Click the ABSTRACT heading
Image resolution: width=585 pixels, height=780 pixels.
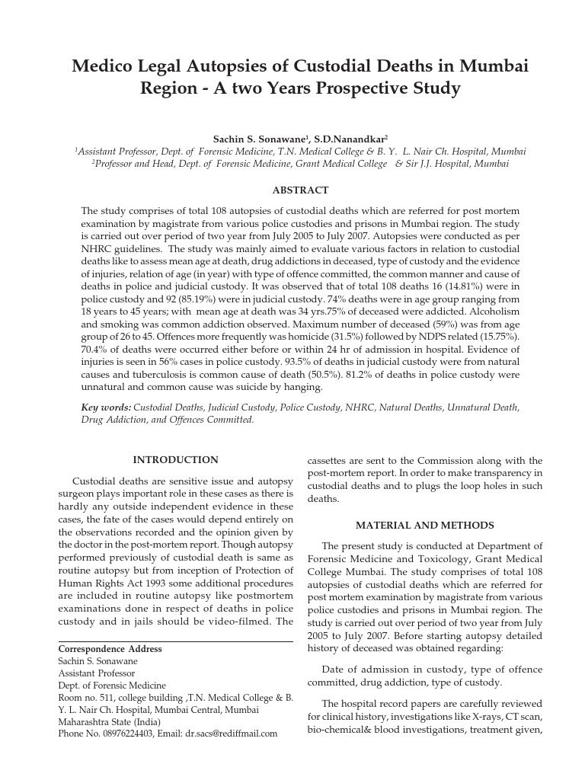pyautogui.click(x=299, y=190)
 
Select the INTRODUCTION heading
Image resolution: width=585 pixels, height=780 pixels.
pyautogui.click(x=175, y=460)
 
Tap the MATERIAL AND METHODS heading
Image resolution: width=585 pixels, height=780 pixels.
pyautogui.click(x=425, y=526)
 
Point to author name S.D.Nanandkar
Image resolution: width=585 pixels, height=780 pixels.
pyautogui.click(x=356, y=139)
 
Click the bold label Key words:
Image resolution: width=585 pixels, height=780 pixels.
pyautogui.click(x=106, y=408)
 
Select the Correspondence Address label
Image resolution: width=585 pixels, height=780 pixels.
pyautogui.click(x=110, y=649)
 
